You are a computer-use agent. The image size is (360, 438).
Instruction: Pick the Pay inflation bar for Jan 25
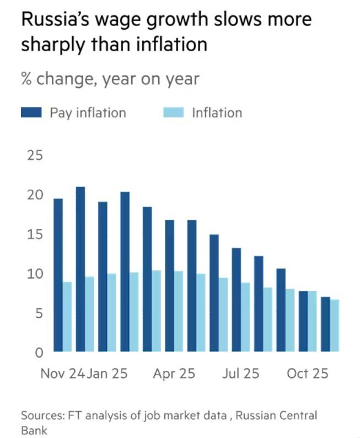tap(103, 276)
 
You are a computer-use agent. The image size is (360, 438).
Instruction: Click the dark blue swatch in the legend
tap(32, 113)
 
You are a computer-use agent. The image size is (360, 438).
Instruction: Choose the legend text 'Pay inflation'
tap(88, 113)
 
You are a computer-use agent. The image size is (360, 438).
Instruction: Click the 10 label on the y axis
tap(34, 274)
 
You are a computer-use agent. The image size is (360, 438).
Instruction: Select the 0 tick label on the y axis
tap(39, 352)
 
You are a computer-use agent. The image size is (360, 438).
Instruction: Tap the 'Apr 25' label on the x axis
tap(174, 373)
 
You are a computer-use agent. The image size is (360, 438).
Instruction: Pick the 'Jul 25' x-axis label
tap(240, 373)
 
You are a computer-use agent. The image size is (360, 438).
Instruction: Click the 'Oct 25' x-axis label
tap(308, 373)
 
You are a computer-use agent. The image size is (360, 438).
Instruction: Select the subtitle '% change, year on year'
tap(110, 79)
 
